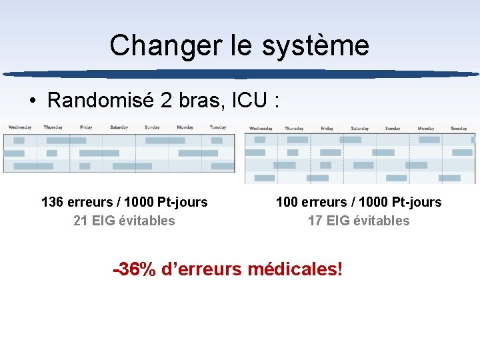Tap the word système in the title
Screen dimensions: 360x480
coord(315,46)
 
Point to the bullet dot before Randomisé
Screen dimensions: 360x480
coord(32,101)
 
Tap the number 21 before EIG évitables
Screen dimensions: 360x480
coord(81,221)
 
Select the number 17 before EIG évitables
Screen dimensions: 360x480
coord(315,221)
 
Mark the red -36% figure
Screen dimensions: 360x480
coord(135,270)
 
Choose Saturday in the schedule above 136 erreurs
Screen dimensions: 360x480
coord(119,127)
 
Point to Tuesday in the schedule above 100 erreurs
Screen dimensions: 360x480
coord(459,129)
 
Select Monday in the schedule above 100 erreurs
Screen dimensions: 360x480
coord(426,129)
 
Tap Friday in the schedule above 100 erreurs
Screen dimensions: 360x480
coord(327,129)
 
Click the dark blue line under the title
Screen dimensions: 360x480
coord(240,74)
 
